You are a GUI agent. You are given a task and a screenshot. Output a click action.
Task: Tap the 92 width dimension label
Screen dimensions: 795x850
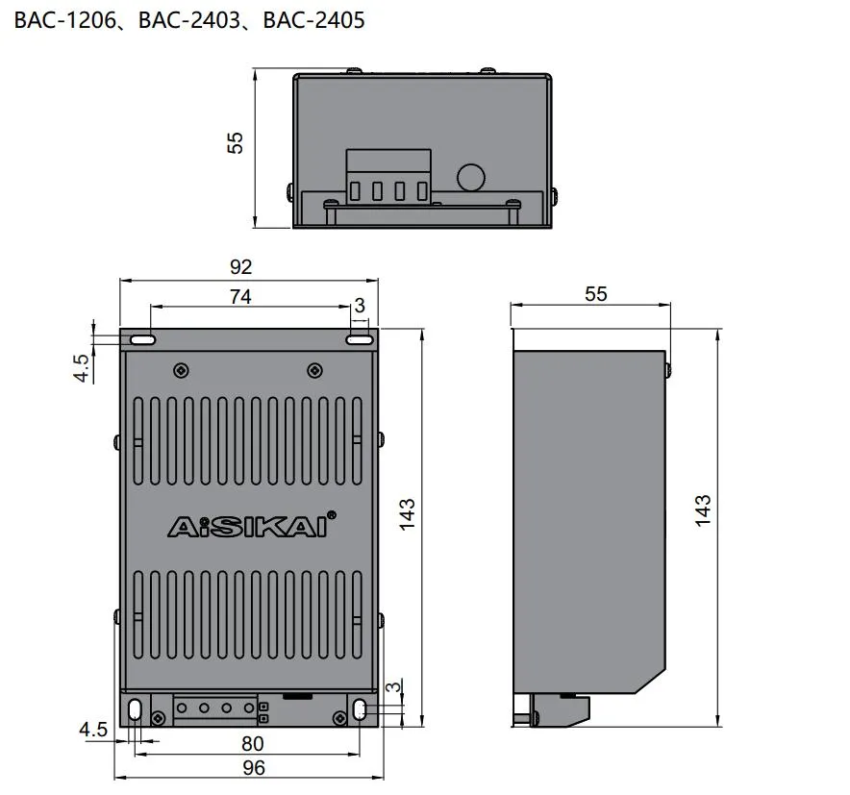(239, 267)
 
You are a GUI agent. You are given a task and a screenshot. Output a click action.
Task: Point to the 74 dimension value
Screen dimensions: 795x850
(239, 297)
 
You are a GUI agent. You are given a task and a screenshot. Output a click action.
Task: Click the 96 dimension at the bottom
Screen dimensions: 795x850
(253, 767)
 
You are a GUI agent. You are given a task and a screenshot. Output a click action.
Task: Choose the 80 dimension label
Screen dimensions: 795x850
(253, 743)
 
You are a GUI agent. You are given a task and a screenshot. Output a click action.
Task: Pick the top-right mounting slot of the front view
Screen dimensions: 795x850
(361, 339)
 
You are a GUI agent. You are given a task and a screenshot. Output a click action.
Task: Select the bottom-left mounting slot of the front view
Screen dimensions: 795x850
(135, 710)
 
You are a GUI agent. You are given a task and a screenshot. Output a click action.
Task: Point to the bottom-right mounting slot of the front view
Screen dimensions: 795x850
(360, 710)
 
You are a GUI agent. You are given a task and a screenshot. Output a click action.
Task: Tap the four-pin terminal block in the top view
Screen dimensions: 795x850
(387, 178)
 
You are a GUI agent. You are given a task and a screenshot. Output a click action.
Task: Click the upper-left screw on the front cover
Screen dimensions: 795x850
(180, 370)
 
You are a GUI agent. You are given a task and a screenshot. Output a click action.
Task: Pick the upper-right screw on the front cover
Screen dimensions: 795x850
(313, 370)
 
